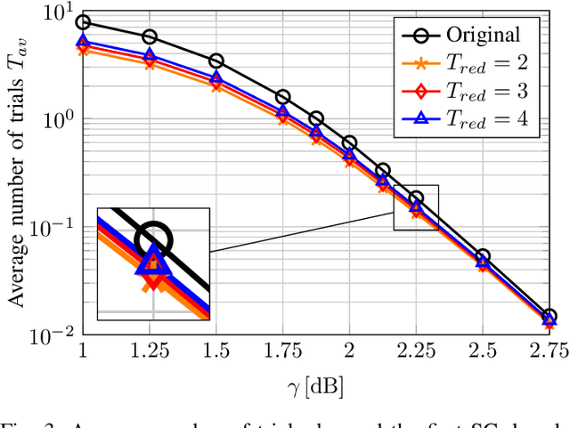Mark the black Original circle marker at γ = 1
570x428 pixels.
[x=83, y=22]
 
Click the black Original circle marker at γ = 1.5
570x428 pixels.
[x=216, y=61]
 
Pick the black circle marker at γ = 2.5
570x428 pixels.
[x=483, y=256]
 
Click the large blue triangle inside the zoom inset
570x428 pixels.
[x=153, y=261]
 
